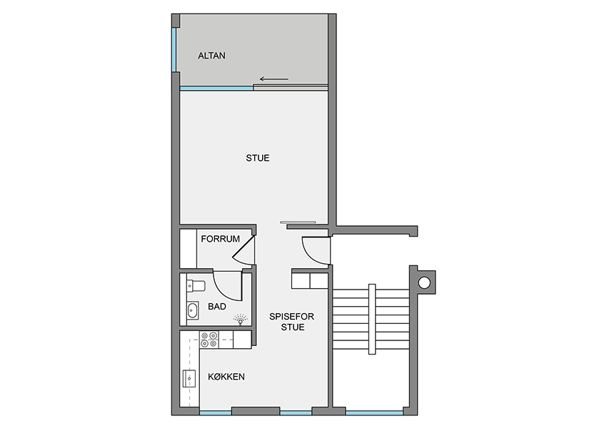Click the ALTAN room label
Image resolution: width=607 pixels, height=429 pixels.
click(211, 56)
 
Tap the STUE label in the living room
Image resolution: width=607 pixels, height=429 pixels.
click(257, 158)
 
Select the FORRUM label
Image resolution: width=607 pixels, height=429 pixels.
click(220, 239)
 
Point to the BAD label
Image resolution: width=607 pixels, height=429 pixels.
click(217, 307)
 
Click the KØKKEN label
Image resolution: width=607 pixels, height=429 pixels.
click(226, 377)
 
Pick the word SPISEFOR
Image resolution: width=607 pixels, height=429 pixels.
click(291, 317)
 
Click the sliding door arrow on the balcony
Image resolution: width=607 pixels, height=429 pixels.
click(274, 79)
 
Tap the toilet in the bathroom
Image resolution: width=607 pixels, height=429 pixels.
click(196, 286)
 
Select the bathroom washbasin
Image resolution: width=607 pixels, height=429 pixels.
click(192, 310)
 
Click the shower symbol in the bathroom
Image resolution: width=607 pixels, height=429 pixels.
click(240, 320)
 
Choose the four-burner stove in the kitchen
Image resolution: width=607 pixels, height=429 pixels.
click(209, 340)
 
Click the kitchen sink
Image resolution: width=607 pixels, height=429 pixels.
click(189, 378)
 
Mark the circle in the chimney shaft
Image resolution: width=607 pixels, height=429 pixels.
click(424, 282)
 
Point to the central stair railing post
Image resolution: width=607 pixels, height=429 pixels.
click(371, 319)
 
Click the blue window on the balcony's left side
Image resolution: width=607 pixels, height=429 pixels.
click(174, 49)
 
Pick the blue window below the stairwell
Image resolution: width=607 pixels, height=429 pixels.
click(374, 413)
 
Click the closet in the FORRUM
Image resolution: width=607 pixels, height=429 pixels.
click(189, 248)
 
